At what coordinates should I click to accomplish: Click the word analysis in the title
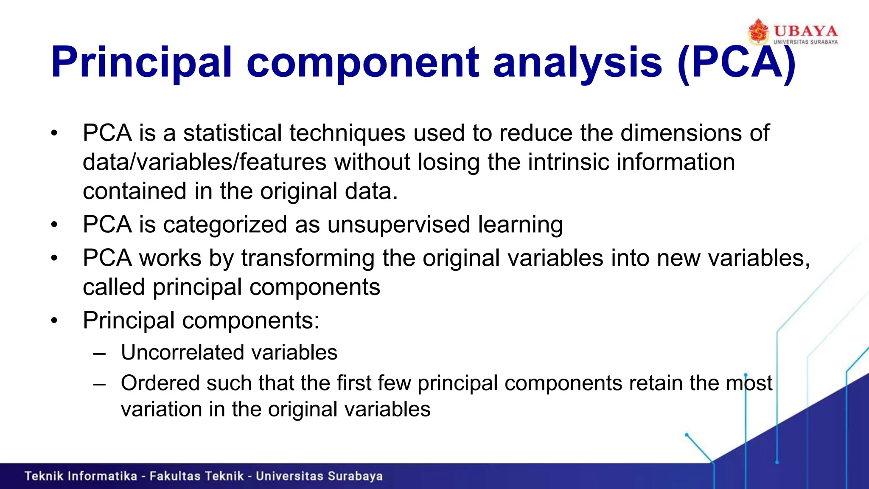coord(577,63)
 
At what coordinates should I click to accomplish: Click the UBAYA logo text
coord(805,31)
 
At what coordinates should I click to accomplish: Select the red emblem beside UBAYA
coord(758,31)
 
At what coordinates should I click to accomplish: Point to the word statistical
coord(232,133)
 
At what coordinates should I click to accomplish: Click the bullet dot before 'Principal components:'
coord(54,321)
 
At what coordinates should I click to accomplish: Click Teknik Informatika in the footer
coord(81,476)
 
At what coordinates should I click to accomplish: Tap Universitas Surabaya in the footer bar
coord(319,476)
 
